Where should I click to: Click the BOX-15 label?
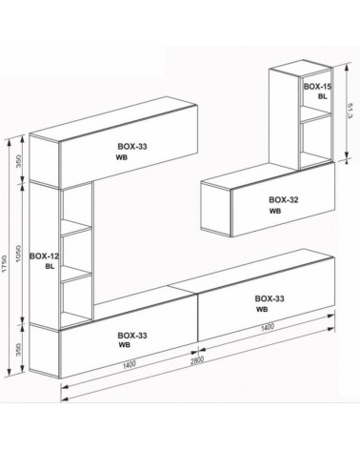pyautogui.click(x=316, y=86)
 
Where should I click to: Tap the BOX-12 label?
pyautogui.click(x=44, y=256)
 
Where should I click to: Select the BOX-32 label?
pyautogui.click(x=284, y=199)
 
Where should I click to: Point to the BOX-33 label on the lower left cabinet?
pyautogui.click(x=132, y=335)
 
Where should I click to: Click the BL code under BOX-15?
pyautogui.click(x=322, y=97)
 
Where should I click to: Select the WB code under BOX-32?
pyautogui.click(x=275, y=212)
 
